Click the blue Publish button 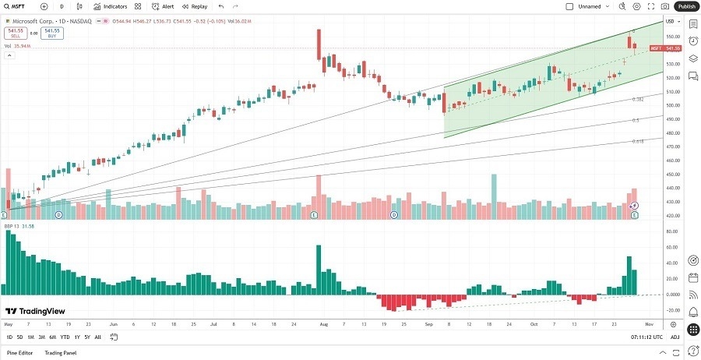click(685, 6)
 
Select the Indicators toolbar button click(110, 6)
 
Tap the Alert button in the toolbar click(164, 6)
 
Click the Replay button click(196, 6)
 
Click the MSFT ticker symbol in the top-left click(19, 6)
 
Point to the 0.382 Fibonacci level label click(637, 100)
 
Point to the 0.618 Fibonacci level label click(637, 141)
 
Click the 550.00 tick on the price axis click(674, 37)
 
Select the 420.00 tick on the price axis click(674, 216)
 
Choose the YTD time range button click(65, 337)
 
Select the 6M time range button click(52, 337)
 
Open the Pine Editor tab click(20, 353)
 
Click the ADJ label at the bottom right click(675, 337)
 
